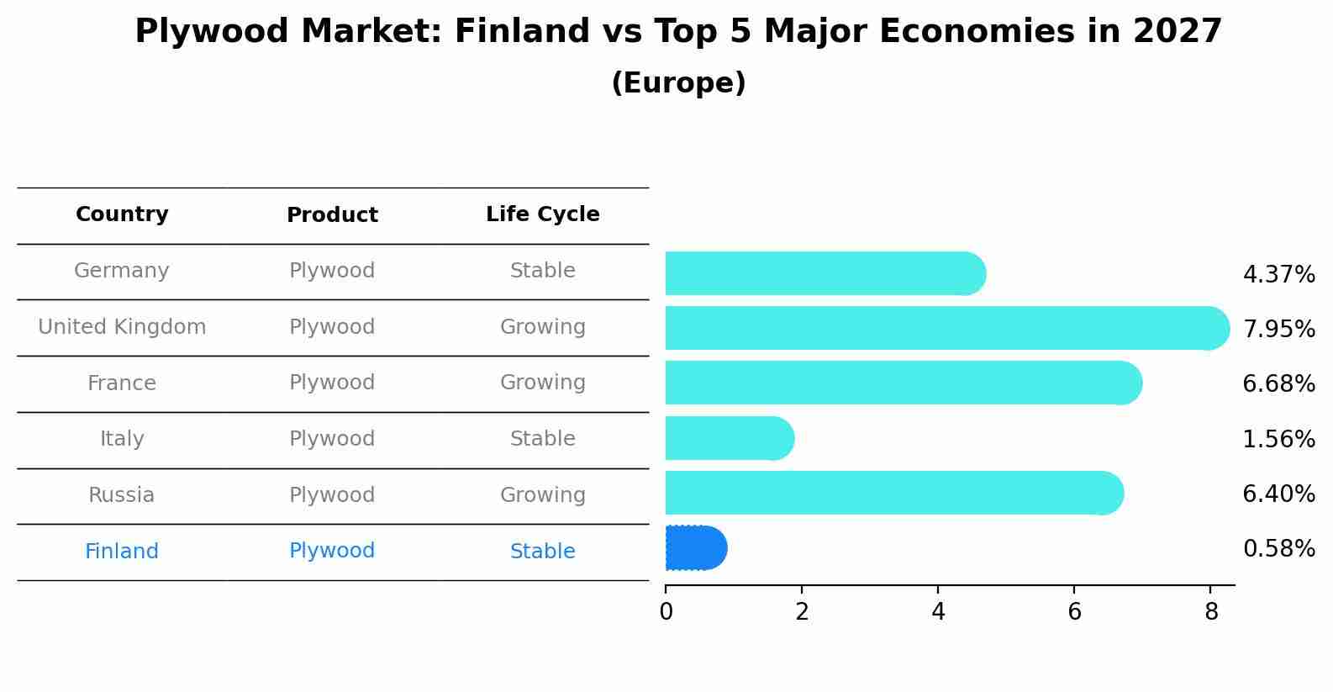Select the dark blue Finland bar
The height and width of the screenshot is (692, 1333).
tap(696, 548)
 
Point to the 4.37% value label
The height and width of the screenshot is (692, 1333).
tap(1278, 275)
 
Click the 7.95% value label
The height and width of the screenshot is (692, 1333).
tap(1278, 330)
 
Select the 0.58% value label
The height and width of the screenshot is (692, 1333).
tap(1278, 549)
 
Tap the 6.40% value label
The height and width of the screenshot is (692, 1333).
tap(1278, 494)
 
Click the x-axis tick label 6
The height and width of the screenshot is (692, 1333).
tap(1074, 612)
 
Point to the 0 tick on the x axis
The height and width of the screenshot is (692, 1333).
tap(666, 612)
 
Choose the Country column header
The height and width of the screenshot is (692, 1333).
tap(122, 214)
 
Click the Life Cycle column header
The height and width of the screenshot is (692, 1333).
tap(543, 214)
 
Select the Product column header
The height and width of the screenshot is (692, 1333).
tap(332, 215)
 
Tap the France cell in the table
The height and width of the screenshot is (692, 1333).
tap(122, 383)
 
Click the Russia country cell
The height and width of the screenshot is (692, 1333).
tap(122, 495)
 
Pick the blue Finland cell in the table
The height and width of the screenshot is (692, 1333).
tap(122, 552)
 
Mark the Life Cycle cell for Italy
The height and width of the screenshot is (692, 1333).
tap(543, 439)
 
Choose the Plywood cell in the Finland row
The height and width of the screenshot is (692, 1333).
tap(332, 551)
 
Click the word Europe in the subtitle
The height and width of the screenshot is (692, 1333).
tap(678, 83)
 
